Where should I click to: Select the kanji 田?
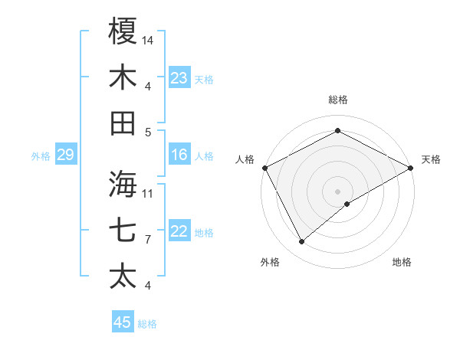(x=123, y=123)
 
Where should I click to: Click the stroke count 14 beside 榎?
(x=148, y=39)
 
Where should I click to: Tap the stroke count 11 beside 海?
(x=148, y=192)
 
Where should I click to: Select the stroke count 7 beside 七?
(x=147, y=239)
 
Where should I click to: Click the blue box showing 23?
(x=179, y=77)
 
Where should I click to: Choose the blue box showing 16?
(x=179, y=155)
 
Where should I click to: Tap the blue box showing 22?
(x=179, y=232)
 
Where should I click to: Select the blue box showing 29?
(x=65, y=155)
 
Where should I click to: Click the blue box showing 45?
(x=122, y=322)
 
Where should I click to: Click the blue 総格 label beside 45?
(x=147, y=324)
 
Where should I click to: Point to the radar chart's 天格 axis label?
(x=431, y=159)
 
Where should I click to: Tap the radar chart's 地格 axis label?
(x=402, y=262)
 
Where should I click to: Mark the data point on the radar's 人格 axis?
(x=264, y=167)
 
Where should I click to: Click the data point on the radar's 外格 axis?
(x=301, y=242)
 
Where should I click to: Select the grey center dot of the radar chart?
(x=337, y=191)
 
